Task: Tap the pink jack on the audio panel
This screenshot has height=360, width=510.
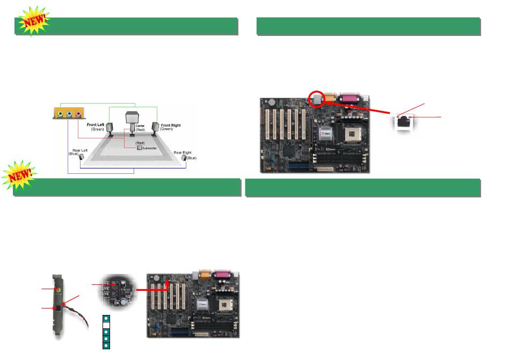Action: click(78, 114)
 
